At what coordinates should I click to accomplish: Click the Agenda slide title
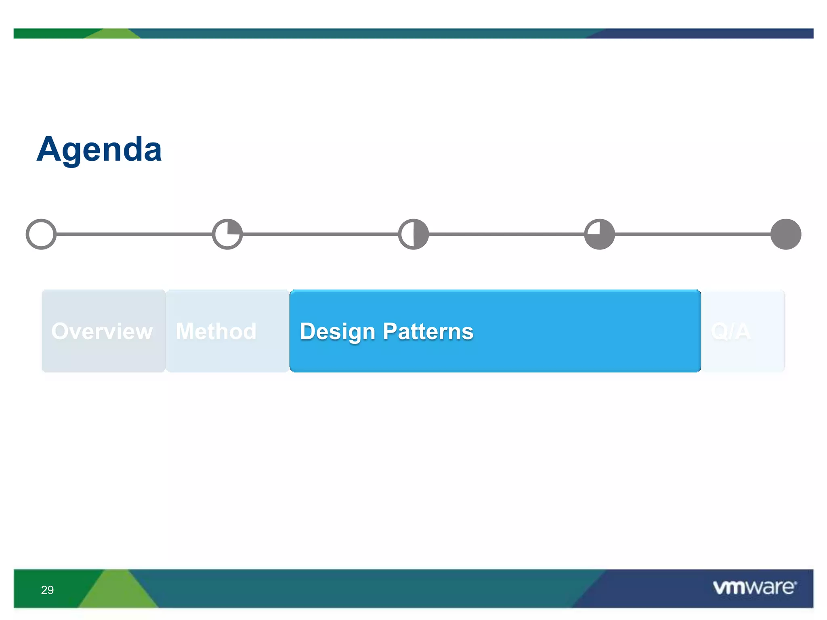pyautogui.click(x=99, y=150)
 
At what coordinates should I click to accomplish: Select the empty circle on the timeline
pyautogui.click(x=41, y=234)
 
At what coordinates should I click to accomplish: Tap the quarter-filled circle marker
pyautogui.click(x=227, y=234)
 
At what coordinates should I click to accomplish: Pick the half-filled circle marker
pyautogui.click(x=413, y=234)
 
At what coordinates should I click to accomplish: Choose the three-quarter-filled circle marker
pyautogui.click(x=600, y=234)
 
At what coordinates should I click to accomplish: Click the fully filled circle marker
pyautogui.click(x=786, y=234)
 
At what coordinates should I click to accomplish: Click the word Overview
pyautogui.click(x=102, y=331)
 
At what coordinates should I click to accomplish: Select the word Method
pyautogui.click(x=216, y=331)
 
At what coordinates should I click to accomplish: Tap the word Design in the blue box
pyautogui.click(x=338, y=332)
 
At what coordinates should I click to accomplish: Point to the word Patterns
pyautogui.click(x=428, y=331)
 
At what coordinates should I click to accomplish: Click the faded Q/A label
pyautogui.click(x=730, y=331)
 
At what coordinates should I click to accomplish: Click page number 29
pyautogui.click(x=47, y=590)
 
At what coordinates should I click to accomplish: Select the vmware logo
pyautogui.click(x=754, y=587)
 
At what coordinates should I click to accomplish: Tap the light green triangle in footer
pyautogui.click(x=117, y=591)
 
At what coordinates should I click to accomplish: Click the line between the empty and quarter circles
pyautogui.click(x=134, y=234)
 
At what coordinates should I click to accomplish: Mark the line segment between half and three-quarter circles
pyautogui.click(x=506, y=234)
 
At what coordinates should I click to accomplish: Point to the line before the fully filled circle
pyautogui.click(x=693, y=234)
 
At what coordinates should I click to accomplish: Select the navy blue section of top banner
pyautogui.click(x=707, y=34)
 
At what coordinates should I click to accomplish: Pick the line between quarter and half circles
pyautogui.click(x=320, y=234)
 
